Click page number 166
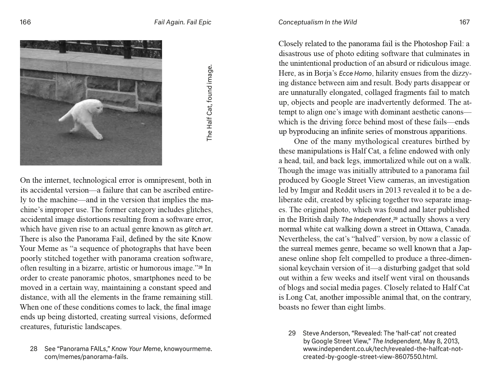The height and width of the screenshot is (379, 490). point(25,22)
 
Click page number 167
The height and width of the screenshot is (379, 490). point(464,22)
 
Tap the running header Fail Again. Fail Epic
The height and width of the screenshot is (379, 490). point(182,22)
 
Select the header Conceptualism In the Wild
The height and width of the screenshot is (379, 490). point(317,22)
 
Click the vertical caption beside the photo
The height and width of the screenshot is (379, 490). point(209,103)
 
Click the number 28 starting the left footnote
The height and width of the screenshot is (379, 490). point(34,349)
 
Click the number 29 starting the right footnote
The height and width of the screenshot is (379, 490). point(292,333)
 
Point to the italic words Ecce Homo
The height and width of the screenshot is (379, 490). point(355,73)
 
